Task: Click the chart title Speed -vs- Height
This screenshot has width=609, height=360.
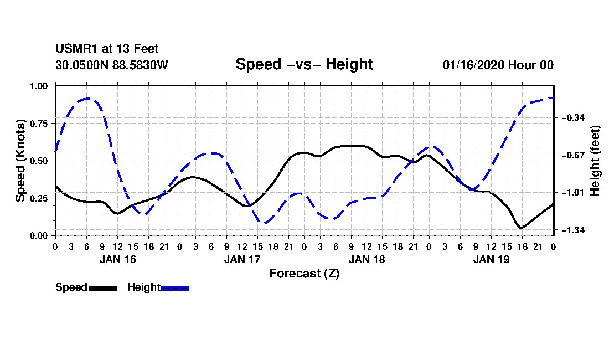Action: (x=304, y=64)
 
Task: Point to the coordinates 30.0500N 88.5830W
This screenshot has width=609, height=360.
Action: (x=111, y=65)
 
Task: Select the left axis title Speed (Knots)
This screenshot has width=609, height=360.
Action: (x=20, y=161)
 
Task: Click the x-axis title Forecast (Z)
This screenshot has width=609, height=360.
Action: (x=304, y=273)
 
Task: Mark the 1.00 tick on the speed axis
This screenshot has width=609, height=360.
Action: (x=40, y=86)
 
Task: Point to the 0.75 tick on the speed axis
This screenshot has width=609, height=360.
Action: (x=40, y=124)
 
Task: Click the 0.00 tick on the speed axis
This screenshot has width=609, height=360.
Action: (x=40, y=235)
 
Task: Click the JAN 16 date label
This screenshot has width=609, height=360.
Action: (x=117, y=259)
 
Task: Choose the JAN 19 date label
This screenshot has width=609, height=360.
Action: (x=491, y=259)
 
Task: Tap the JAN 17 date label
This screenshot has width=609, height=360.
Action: (x=242, y=259)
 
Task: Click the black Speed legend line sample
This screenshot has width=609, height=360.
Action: (x=103, y=288)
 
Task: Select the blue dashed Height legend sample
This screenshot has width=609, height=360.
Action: (x=175, y=288)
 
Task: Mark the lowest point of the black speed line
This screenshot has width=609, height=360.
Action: (x=521, y=227)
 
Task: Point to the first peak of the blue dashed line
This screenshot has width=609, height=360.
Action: (x=87, y=99)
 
